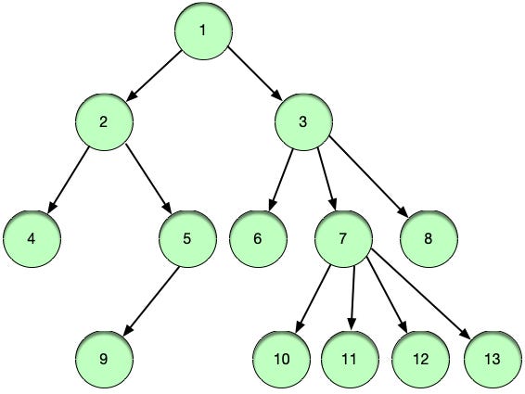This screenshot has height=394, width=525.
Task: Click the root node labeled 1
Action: click(203, 30)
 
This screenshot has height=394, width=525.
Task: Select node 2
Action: click(105, 121)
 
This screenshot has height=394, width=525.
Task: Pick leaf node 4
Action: click(32, 237)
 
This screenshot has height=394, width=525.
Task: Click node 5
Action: click(187, 237)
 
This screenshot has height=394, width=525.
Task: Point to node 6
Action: click(257, 237)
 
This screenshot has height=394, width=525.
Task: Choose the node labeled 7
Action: click(343, 237)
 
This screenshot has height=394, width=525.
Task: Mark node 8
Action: click(428, 237)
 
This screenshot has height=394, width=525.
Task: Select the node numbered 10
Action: click(282, 357)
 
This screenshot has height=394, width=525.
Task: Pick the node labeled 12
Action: click(420, 357)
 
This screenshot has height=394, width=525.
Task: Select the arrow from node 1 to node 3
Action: click(253, 75)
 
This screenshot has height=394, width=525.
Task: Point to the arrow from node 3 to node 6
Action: click(281, 178)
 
